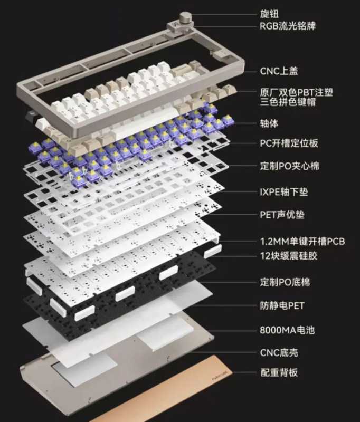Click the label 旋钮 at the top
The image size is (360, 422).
coord(271,14)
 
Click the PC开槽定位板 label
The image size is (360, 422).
coord(289,143)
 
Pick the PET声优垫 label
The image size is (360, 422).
coord(282,215)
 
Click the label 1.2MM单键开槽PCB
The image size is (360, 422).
coord(302,242)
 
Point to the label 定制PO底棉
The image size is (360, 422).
coord(285,282)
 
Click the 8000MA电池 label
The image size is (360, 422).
coord(287,331)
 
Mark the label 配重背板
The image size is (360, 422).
coord(279,372)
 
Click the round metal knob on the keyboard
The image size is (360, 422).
coord(185,18)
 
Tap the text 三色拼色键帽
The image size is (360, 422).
coord(288,102)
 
